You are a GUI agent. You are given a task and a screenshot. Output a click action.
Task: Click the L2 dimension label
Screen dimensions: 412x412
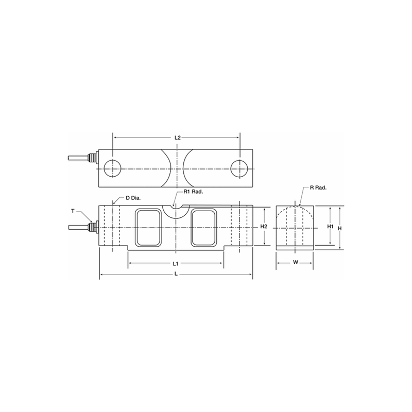(x=177, y=138)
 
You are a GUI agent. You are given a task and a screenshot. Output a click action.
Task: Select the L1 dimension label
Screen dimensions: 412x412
(x=176, y=263)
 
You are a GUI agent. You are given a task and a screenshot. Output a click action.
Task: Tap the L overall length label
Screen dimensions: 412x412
(x=176, y=276)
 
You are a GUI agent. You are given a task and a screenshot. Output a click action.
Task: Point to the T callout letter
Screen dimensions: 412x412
(x=73, y=211)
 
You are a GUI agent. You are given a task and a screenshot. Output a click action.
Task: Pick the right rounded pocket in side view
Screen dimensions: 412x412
(x=204, y=228)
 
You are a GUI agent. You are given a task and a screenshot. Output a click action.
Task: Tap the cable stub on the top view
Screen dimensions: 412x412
(x=77, y=158)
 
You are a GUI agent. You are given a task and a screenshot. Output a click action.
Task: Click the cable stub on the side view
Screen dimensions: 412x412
(x=77, y=227)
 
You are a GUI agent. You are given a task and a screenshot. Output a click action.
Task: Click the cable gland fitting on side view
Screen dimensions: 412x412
(x=93, y=227)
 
